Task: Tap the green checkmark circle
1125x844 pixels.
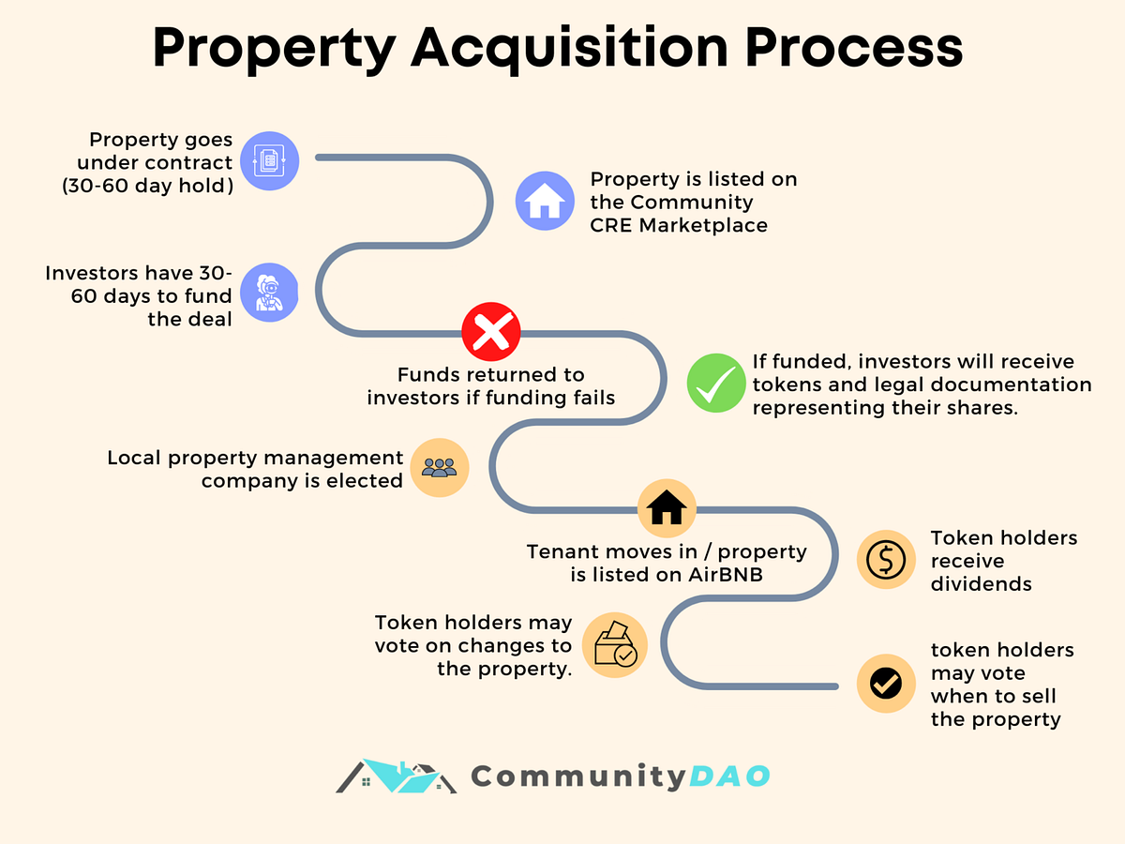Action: pyautogui.click(x=716, y=384)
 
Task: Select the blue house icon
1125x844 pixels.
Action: pyautogui.click(x=545, y=201)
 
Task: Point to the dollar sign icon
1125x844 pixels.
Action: pyautogui.click(x=886, y=560)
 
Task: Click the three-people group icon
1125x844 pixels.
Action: pyautogui.click(x=439, y=467)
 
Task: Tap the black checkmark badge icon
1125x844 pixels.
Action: pyautogui.click(x=886, y=683)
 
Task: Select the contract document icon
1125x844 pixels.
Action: pyautogui.click(x=270, y=161)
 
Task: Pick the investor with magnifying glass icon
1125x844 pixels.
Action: pyautogui.click(x=270, y=293)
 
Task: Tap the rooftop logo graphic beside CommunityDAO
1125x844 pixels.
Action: pyautogui.click(x=396, y=776)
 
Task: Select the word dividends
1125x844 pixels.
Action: pyautogui.click(x=981, y=583)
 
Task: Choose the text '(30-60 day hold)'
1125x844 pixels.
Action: pyautogui.click(x=148, y=185)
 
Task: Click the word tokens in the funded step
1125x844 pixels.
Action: pyautogui.click(x=784, y=385)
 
